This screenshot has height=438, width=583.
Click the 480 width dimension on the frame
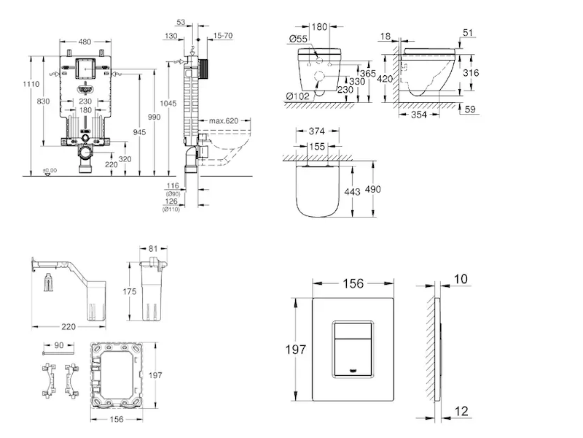pos(85,42)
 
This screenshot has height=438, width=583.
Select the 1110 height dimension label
pos(31,85)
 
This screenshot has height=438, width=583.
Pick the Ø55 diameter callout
pos(297,38)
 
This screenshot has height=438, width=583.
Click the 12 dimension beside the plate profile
pos(461,411)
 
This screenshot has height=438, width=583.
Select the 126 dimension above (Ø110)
pos(171,201)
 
